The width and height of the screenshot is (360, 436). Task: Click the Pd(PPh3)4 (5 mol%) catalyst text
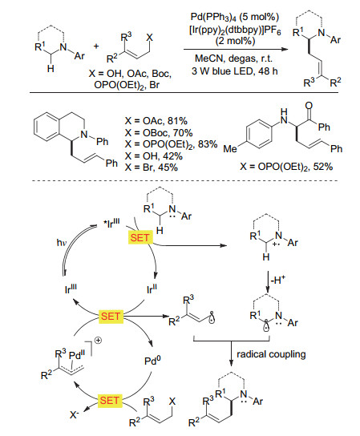tap(235, 18)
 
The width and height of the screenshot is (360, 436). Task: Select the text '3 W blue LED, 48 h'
tap(235, 71)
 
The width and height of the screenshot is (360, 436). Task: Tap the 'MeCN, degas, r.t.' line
tap(233, 59)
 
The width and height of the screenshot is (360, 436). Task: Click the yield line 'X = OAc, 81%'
tap(156, 121)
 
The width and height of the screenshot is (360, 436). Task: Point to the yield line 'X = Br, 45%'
tap(152, 168)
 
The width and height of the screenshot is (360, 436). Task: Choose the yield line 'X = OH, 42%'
tap(154, 156)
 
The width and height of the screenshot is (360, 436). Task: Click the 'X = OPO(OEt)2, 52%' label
tap(286, 167)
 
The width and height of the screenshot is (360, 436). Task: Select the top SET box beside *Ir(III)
tap(140, 238)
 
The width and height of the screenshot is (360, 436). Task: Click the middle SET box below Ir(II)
tap(111, 317)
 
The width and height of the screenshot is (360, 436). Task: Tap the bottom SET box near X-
tap(110, 401)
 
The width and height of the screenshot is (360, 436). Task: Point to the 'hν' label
tap(62, 243)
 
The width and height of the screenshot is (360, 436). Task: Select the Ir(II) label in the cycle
tap(152, 289)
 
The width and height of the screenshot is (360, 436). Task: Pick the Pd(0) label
tap(152, 361)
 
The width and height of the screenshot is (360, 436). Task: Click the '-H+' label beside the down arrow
tap(278, 280)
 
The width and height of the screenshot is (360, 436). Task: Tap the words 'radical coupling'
tap(271, 354)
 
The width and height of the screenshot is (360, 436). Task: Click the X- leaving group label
tap(75, 415)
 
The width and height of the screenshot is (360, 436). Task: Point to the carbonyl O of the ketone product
tap(309, 106)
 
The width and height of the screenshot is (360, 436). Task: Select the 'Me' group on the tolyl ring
tap(230, 149)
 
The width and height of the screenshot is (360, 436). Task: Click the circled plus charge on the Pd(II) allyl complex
tap(98, 341)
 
